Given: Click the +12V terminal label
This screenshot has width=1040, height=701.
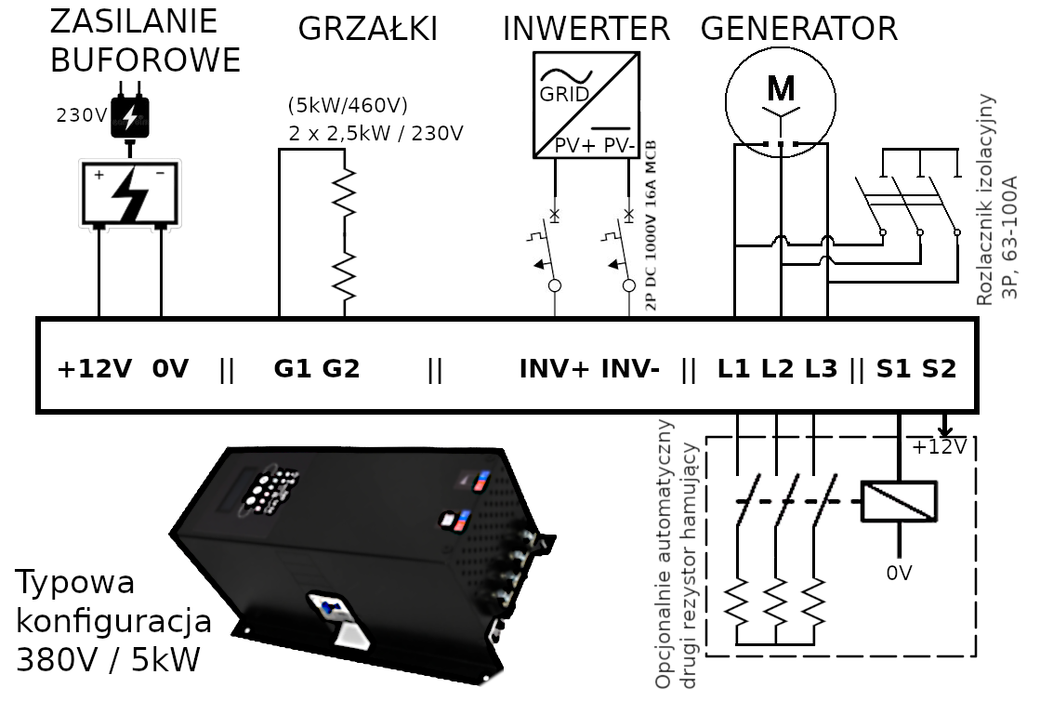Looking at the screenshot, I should [96, 369].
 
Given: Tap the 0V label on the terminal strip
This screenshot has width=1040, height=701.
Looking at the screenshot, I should [170, 369].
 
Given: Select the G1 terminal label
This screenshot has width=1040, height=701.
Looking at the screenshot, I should [292, 369].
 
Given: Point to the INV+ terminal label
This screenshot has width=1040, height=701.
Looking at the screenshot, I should [554, 369].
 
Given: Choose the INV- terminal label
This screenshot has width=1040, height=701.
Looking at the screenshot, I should [630, 369].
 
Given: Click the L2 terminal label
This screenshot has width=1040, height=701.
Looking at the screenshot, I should [777, 369].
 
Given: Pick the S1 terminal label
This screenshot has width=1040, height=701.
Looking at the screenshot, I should [893, 369].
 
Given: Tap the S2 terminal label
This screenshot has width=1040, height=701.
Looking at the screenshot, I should [939, 369].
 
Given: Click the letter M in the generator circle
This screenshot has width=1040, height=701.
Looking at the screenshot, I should [781, 88].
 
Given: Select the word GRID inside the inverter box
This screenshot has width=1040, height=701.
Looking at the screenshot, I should [563, 96].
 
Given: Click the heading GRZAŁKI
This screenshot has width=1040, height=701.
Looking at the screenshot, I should [367, 30].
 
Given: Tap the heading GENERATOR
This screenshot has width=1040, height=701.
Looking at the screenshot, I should [798, 30].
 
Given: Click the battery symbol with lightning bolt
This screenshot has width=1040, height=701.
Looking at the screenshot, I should [129, 193].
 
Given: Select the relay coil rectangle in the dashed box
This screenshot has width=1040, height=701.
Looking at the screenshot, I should [899, 501].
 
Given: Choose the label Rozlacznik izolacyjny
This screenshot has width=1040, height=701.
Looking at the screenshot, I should [986, 199].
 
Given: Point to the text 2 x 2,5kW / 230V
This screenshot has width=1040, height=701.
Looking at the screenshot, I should [375, 133].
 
